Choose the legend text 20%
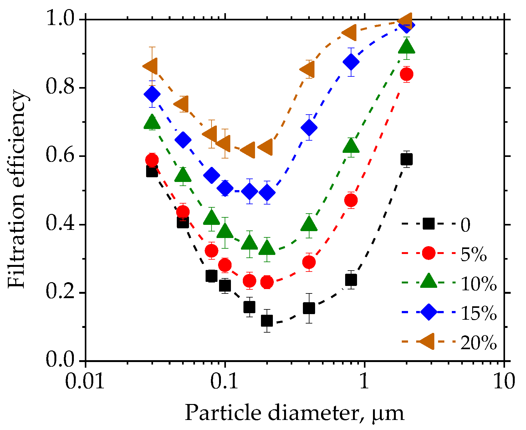(478, 343)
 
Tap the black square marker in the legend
(428, 224)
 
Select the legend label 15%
(478, 313)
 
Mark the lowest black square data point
(267, 321)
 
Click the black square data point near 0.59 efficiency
(406, 159)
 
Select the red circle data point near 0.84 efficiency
(406, 74)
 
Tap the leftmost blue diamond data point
(152, 94)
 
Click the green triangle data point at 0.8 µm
(351, 146)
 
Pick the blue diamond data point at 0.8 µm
(351, 62)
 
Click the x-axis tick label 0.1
(224, 381)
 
